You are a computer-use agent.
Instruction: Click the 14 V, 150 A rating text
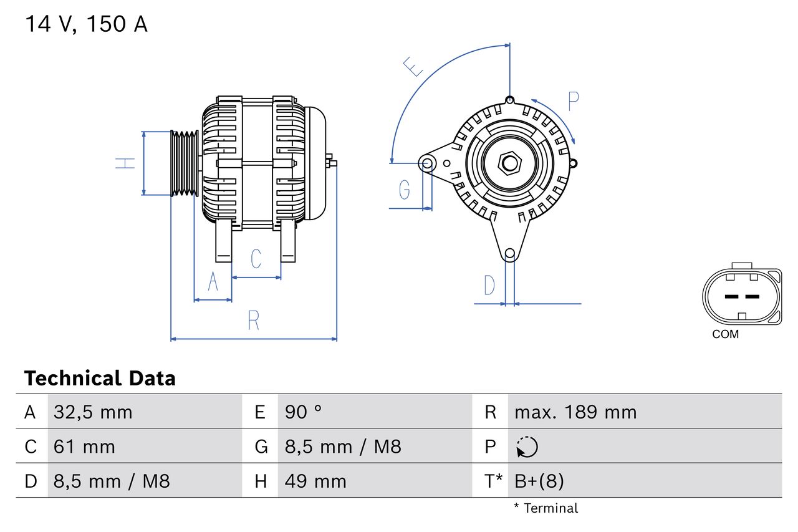tap(86, 24)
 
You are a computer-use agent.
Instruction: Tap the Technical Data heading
tap(100, 378)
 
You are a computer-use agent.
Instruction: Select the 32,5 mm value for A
tap(93, 412)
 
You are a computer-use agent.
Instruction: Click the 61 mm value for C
tap(84, 447)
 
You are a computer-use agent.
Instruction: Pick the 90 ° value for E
tap(304, 412)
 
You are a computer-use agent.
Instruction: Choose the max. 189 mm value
tap(575, 412)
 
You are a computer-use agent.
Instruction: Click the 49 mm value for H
tap(315, 481)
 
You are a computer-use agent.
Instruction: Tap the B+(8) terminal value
tap(539, 481)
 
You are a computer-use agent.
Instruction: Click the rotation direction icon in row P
tap(527, 447)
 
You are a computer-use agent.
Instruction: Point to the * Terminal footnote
tap(546, 508)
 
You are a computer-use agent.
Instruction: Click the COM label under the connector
tap(725, 334)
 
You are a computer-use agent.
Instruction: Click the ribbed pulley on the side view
tap(185, 163)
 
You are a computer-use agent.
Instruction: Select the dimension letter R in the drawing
tap(253, 320)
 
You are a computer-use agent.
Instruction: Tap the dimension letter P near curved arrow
tap(573, 100)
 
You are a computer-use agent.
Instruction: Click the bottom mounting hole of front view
tap(510, 253)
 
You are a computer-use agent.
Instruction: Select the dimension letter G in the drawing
tap(405, 189)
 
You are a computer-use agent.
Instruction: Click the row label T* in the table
tap(494, 481)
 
